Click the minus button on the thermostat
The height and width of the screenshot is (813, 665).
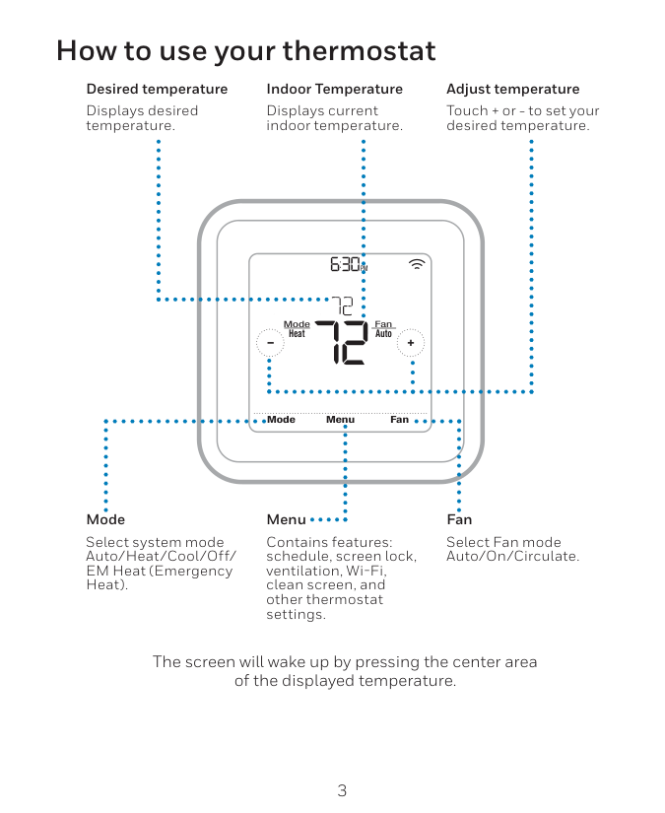pyautogui.click(x=269, y=343)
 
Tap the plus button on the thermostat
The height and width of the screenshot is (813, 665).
pyautogui.click(x=411, y=343)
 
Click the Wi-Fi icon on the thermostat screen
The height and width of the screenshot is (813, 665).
pyautogui.click(x=418, y=264)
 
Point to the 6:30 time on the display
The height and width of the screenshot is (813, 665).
pyautogui.click(x=347, y=264)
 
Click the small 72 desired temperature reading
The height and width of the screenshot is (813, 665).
pyautogui.click(x=342, y=305)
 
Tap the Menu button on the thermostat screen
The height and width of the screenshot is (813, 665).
pyautogui.click(x=340, y=420)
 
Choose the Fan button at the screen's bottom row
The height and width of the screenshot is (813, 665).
pyautogui.click(x=399, y=420)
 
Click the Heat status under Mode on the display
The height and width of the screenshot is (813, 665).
pyautogui.click(x=297, y=334)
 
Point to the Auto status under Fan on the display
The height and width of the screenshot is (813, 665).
pyautogui.click(x=383, y=334)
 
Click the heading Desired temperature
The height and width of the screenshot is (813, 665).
pyautogui.click(x=157, y=89)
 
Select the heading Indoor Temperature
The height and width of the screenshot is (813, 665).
pyautogui.click(x=334, y=89)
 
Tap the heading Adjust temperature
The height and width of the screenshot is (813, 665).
pyautogui.click(x=512, y=89)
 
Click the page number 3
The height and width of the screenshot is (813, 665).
pyautogui.click(x=342, y=790)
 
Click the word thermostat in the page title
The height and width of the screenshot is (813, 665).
pyautogui.click(x=359, y=50)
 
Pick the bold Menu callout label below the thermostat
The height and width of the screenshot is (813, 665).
pyautogui.click(x=286, y=519)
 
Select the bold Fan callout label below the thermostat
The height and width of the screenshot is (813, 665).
pyautogui.click(x=459, y=519)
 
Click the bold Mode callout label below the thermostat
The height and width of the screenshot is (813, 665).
pyautogui.click(x=105, y=519)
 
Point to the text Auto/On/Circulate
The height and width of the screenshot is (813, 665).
pyautogui.click(x=512, y=557)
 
